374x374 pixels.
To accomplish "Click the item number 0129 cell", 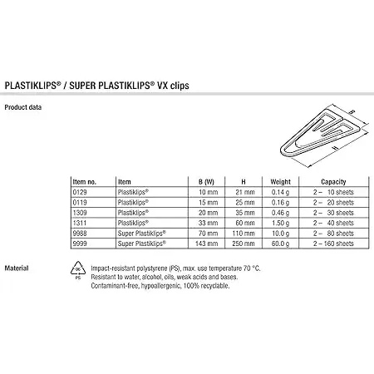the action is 80,192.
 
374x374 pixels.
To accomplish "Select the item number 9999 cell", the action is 80,244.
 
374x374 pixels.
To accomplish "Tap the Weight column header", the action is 280,182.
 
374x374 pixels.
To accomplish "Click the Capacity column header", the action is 333,182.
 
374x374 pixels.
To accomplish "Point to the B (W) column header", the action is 206,182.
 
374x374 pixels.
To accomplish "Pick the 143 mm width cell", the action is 206,244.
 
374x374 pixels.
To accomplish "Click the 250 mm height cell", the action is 244,244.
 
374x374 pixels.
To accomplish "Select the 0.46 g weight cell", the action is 280,213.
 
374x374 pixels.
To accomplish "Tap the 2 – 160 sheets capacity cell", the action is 333,244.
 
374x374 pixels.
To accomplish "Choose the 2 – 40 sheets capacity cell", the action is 333,223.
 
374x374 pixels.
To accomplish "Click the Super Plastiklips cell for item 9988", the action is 142,234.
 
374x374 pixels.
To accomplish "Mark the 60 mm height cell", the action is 245,223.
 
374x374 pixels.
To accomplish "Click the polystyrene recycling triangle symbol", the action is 78,270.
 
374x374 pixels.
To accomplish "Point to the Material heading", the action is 17,268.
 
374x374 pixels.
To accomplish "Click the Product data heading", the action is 23,107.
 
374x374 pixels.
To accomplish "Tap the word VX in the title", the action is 163,86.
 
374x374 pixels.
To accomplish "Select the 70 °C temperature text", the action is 252,268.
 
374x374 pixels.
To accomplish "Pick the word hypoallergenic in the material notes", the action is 160,286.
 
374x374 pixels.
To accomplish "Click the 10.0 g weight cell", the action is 280,234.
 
